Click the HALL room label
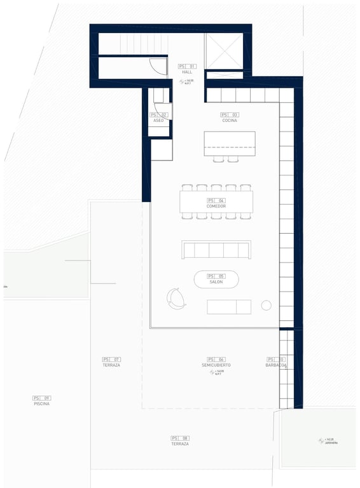point(186,72)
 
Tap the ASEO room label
point(158,120)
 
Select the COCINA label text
point(230,120)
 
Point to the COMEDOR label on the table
point(216,206)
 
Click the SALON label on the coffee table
point(216,281)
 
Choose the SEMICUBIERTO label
point(216,365)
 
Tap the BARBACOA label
point(276,365)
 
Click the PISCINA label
point(41,403)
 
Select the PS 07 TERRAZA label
point(111,365)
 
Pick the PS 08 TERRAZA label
point(180,444)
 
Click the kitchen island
point(229,143)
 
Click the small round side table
point(266,306)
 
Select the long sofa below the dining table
point(216,250)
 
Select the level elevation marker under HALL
point(186,82)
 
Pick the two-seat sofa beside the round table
point(229,307)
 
